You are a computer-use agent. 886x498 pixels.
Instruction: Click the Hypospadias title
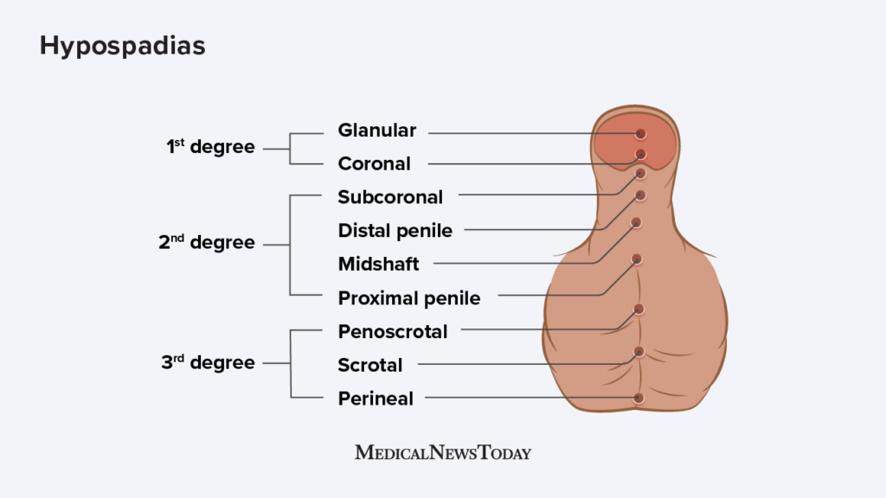pyautogui.click(x=122, y=46)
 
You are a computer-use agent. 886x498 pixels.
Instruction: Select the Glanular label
pyautogui.click(x=376, y=131)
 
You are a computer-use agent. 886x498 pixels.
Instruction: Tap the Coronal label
pyautogui.click(x=374, y=163)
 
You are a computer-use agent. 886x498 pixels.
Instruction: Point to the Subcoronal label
pyautogui.click(x=390, y=197)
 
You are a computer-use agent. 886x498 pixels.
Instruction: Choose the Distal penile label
pyautogui.click(x=395, y=230)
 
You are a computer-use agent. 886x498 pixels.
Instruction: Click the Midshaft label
pyautogui.click(x=378, y=264)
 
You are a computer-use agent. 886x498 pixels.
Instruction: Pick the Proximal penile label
pyautogui.click(x=409, y=298)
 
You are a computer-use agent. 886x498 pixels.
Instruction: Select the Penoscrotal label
pyautogui.click(x=393, y=332)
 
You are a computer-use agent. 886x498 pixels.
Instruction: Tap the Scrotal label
pyautogui.click(x=370, y=366)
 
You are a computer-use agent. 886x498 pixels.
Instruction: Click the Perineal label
pyautogui.click(x=376, y=399)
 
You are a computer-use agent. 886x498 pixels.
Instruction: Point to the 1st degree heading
pyautogui.click(x=210, y=148)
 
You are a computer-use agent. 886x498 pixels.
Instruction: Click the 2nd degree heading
pyautogui.click(x=207, y=244)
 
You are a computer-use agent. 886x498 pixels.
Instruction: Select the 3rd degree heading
pyautogui.click(x=208, y=363)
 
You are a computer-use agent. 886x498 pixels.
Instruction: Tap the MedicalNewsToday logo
pyautogui.click(x=443, y=452)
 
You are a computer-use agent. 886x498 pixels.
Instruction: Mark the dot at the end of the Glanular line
pyautogui.click(x=640, y=134)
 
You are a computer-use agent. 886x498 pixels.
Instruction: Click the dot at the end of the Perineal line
pyautogui.click(x=639, y=398)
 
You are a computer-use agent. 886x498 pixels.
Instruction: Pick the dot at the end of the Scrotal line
pyautogui.click(x=639, y=351)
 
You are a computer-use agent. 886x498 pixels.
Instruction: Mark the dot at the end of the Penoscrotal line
pyautogui.click(x=639, y=309)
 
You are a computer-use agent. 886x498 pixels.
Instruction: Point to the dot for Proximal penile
pyautogui.click(x=637, y=259)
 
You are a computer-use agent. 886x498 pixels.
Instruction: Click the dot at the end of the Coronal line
pyautogui.click(x=640, y=155)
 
